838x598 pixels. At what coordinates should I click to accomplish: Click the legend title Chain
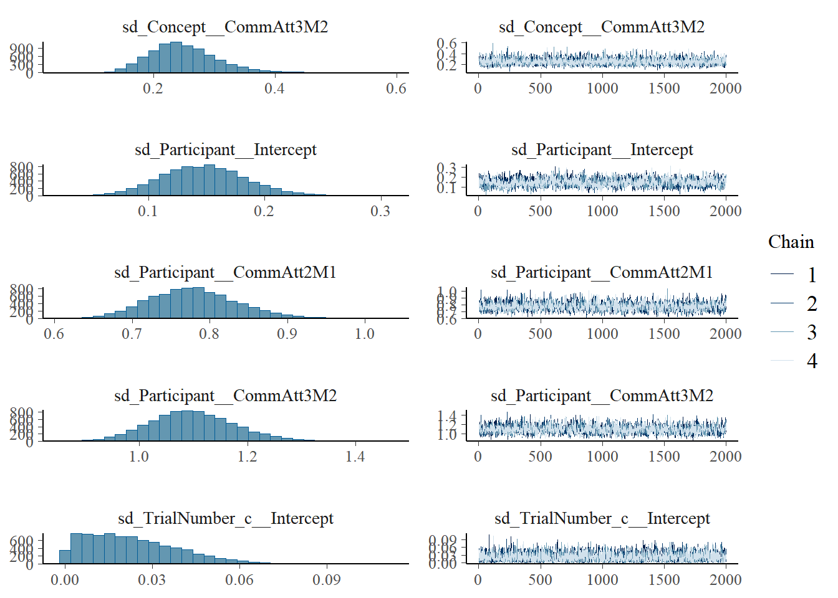pos(791,242)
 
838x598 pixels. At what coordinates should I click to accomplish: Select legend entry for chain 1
pos(811,275)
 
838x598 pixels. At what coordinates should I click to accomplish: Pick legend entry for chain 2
pos(811,303)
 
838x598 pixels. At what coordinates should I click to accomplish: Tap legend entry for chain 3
pos(811,332)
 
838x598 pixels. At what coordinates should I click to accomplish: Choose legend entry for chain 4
pos(811,361)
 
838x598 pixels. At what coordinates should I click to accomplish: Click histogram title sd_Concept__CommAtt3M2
pos(225,27)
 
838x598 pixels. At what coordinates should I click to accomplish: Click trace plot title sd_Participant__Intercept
pos(602,149)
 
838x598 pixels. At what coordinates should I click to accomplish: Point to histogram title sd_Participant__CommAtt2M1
pos(225,272)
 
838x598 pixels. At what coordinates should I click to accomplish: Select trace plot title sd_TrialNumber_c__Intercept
pos(602,518)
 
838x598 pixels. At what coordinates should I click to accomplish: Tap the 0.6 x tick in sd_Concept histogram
pos(396,88)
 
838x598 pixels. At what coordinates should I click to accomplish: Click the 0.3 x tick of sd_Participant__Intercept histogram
pos(380,211)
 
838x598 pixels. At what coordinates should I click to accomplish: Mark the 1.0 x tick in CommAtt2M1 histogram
pos(365,334)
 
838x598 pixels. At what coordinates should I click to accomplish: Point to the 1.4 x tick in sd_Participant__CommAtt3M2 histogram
pos(355,457)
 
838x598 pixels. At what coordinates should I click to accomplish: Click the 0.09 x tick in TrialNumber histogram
pos(327,580)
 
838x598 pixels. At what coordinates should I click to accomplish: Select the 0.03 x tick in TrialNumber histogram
pos(152,580)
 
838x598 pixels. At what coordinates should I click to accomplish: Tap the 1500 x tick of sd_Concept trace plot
pos(664,88)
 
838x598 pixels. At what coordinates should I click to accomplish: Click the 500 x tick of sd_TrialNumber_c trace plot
pos(540,580)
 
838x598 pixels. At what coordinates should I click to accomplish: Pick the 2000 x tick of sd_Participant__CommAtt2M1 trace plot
pos(726,334)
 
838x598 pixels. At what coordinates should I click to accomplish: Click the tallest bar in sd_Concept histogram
pos(176,58)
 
